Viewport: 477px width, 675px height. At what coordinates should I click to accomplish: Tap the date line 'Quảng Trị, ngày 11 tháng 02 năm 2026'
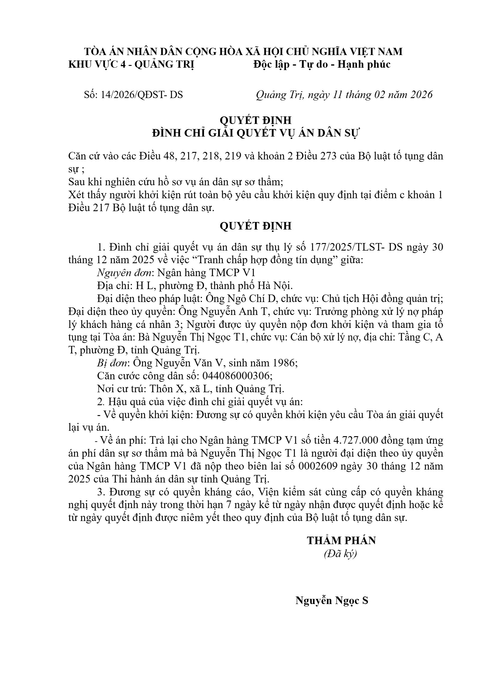pos(344,95)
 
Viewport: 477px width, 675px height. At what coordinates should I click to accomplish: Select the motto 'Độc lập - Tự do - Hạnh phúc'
pos(322,64)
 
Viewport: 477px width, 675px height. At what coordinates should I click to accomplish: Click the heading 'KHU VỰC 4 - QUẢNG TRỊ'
pos(131,64)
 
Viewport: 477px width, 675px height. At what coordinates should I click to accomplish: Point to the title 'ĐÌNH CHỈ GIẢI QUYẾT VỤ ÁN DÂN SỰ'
pos(255,133)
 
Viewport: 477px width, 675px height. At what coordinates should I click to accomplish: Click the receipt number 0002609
pos(321,466)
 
